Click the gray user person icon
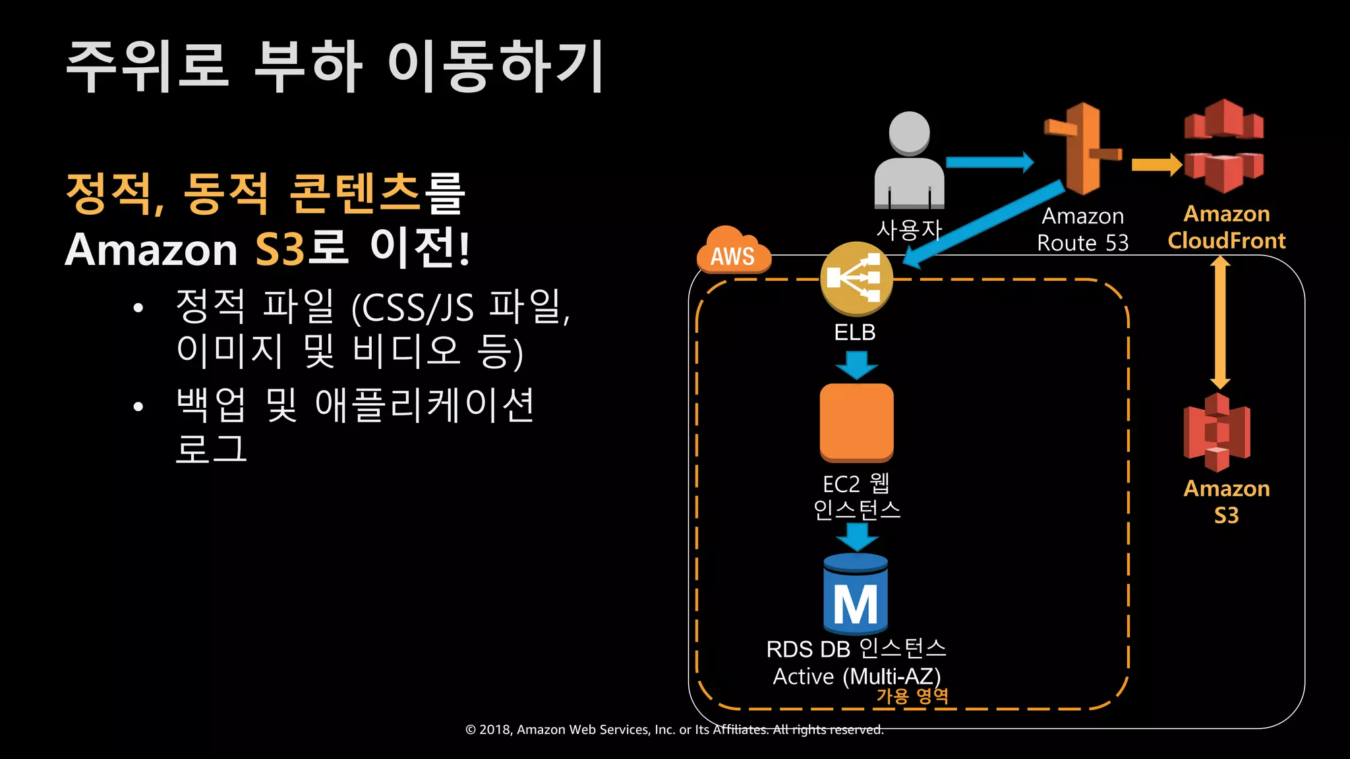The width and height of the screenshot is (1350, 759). (909, 161)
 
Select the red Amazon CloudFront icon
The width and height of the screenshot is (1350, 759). (1223, 146)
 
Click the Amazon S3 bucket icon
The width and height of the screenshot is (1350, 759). (1217, 433)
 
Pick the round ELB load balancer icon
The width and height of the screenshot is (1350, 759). (856, 279)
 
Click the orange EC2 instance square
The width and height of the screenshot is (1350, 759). (856, 422)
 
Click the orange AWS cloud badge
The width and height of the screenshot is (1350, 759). (733, 251)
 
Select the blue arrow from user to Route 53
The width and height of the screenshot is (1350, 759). (989, 162)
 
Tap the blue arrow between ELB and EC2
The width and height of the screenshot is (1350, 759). (856, 365)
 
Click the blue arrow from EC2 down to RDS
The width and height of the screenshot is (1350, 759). (856, 536)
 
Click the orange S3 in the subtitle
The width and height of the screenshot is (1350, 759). (279, 250)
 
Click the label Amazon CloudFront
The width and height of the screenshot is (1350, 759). (1226, 227)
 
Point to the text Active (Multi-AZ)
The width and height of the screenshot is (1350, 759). (856, 676)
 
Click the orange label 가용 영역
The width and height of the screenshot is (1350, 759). (912, 696)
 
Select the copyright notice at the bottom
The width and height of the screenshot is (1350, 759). (674, 729)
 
